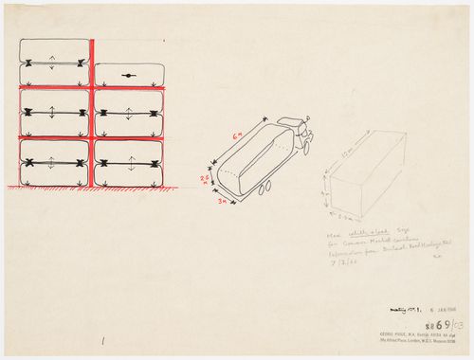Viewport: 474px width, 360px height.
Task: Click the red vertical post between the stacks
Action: (x=90, y=114)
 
